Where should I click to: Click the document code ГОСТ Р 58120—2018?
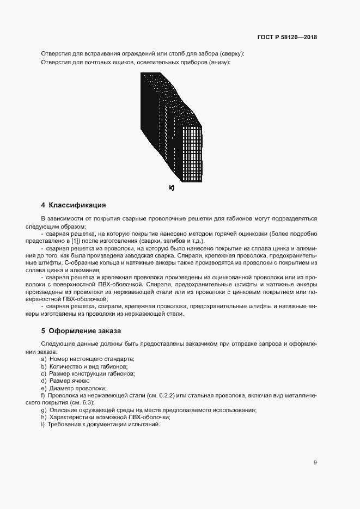287,38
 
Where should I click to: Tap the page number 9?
315,463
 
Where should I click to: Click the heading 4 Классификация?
74,205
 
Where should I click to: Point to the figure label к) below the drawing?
172,188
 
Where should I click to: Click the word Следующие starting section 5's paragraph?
56,344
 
